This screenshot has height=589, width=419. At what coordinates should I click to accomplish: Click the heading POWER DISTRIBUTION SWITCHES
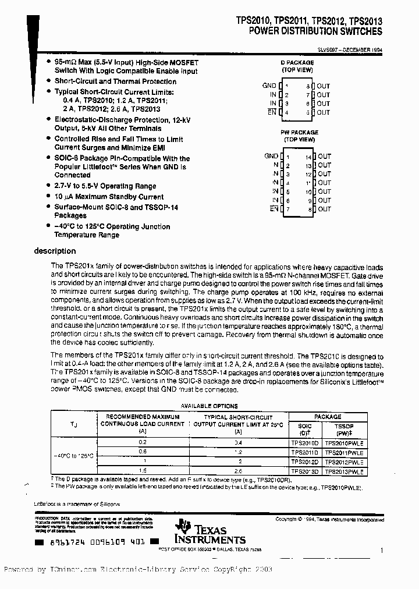pos(316,31)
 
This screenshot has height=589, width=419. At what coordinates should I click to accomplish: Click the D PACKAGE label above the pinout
pos(297,63)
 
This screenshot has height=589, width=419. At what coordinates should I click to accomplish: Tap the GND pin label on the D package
pos(269,86)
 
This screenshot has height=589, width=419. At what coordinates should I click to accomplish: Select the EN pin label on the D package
pos(272,112)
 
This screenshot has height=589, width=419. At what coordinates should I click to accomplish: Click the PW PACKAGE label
pos(299,133)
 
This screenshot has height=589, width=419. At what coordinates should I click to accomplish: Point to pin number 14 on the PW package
pos(308,157)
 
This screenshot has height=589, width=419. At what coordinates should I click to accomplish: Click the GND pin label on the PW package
pos(271,156)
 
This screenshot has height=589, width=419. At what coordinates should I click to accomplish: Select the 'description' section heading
pos(55,251)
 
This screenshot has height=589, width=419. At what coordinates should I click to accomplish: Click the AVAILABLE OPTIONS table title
pos(208,406)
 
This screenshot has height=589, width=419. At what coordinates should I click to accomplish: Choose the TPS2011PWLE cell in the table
pos(344,452)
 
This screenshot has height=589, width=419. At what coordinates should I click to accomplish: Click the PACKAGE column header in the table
pos(328,417)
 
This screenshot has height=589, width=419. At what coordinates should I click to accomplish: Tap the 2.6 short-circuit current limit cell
pos(238,471)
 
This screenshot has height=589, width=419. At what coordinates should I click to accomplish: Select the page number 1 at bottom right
pos(381,550)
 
